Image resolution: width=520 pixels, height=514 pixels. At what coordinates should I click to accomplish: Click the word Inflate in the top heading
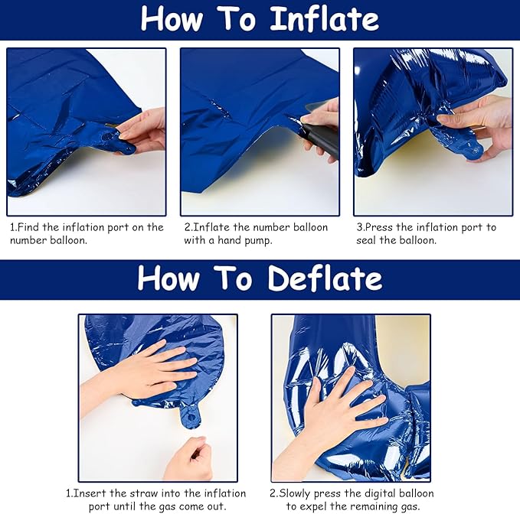tap(325, 19)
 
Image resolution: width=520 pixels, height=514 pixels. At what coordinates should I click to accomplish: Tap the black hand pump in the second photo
tap(320, 138)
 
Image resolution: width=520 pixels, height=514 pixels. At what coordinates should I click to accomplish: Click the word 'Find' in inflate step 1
tap(28, 227)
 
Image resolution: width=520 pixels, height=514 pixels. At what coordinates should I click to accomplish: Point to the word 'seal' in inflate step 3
tap(367, 240)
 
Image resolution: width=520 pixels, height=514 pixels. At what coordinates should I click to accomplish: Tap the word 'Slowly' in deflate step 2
tap(295, 493)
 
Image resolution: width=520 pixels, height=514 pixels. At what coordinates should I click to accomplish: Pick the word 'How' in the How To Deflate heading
tap(168, 278)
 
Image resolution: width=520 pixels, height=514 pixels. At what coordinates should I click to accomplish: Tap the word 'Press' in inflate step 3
tap(379, 227)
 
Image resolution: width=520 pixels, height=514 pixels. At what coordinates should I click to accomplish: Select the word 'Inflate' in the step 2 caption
tap(211, 227)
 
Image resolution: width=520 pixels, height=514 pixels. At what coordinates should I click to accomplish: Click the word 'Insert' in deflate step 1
tap(90, 493)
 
